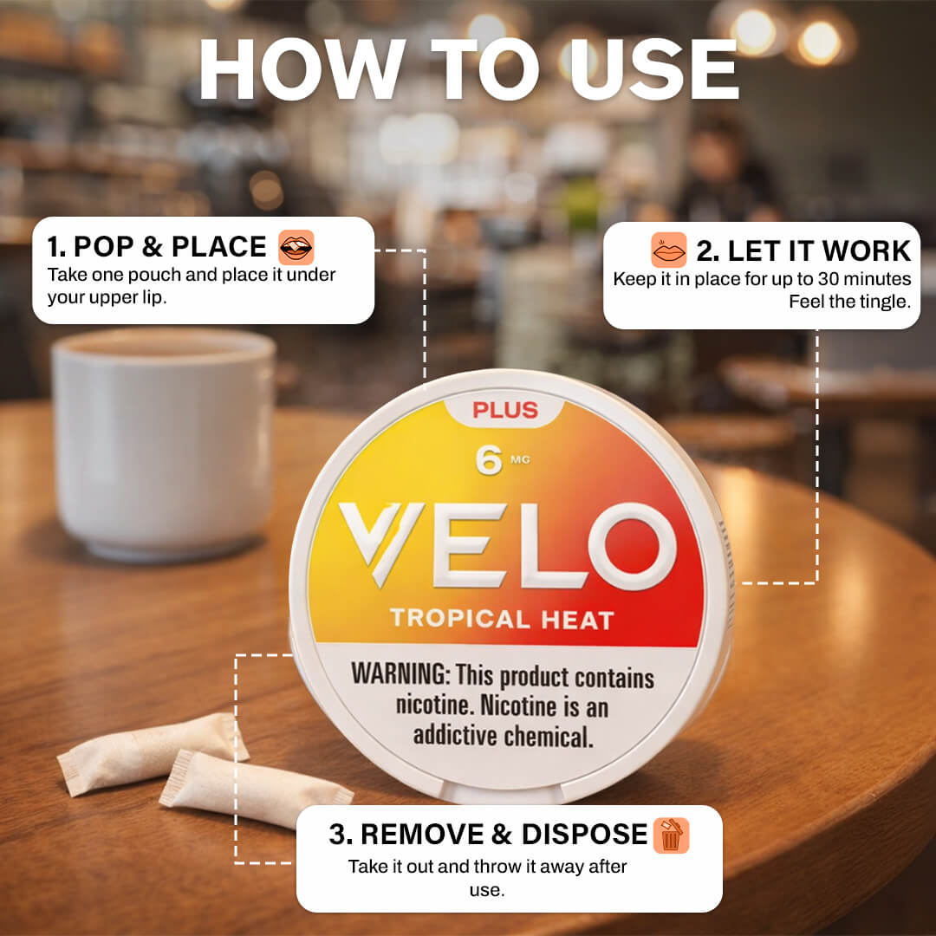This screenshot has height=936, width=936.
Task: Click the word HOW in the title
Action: tap(302, 68)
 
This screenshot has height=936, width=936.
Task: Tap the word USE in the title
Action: tap(653, 68)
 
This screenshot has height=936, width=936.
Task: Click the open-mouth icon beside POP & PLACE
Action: tap(296, 247)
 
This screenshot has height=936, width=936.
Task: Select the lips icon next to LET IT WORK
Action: tap(668, 250)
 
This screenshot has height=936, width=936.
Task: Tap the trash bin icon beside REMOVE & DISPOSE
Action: tap(671, 835)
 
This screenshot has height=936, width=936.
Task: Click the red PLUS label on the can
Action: tap(505, 410)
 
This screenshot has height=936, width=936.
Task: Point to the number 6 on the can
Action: tap(488, 460)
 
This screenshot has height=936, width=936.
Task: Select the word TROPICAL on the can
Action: tap(460, 619)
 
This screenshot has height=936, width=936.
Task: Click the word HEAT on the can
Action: tap(577, 621)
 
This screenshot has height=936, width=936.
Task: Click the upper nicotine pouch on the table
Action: tap(153, 753)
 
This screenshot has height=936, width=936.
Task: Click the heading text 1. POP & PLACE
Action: tap(156, 247)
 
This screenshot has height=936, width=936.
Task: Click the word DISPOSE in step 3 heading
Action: tap(584, 835)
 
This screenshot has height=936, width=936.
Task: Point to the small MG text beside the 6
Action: tap(520, 459)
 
